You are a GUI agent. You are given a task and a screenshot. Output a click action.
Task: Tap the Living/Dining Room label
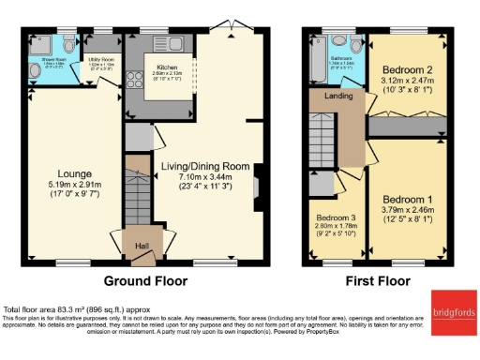(x=205, y=166)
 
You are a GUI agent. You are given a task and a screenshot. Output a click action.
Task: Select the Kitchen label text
(x=168, y=67)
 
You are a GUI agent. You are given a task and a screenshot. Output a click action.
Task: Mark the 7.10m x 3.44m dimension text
(x=205, y=177)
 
